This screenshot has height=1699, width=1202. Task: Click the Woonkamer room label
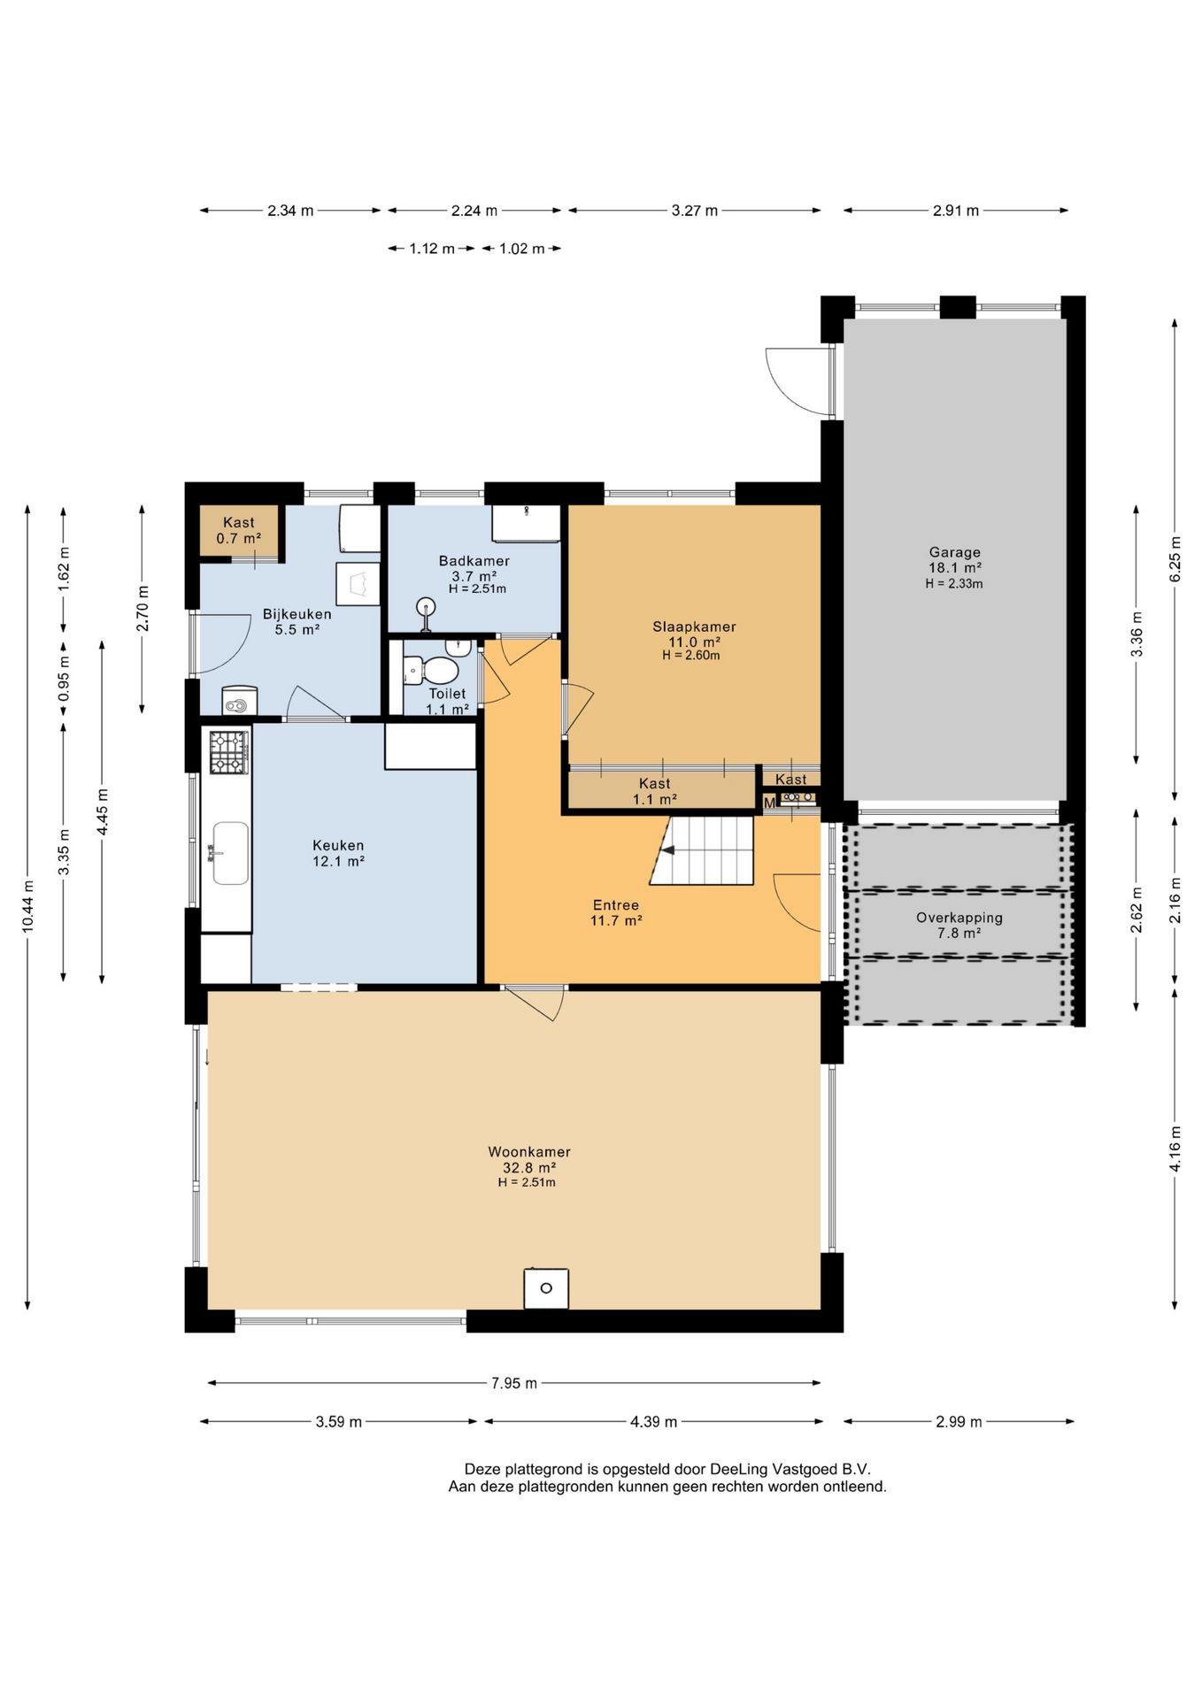click(x=529, y=1152)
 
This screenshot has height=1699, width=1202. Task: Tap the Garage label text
click(x=955, y=552)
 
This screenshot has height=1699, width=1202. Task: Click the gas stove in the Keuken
click(x=228, y=752)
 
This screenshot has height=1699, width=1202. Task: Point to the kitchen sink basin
click(x=231, y=853)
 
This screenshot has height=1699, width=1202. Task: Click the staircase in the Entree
click(x=702, y=850)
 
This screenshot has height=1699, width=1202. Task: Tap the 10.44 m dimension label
click(x=28, y=907)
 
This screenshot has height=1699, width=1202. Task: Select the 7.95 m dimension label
click(x=514, y=1383)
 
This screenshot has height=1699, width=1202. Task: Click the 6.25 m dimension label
click(x=1175, y=559)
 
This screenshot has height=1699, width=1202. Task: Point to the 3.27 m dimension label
click(x=695, y=211)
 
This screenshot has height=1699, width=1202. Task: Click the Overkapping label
click(x=959, y=918)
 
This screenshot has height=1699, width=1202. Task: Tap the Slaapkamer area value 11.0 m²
click(x=694, y=642)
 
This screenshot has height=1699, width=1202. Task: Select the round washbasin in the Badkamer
click(x=428, y=608)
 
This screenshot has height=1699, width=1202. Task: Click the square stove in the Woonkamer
click(x=546, y=1288)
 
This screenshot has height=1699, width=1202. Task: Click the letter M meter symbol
click(x=769, y=803)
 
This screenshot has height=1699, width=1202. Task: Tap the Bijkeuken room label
click(x=297, y=614)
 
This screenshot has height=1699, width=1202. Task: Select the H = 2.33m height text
click(x=954, y=584)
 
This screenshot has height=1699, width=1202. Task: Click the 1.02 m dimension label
click(x=522, y=249)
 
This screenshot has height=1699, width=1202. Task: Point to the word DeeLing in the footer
click(x=739, y=1470)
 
